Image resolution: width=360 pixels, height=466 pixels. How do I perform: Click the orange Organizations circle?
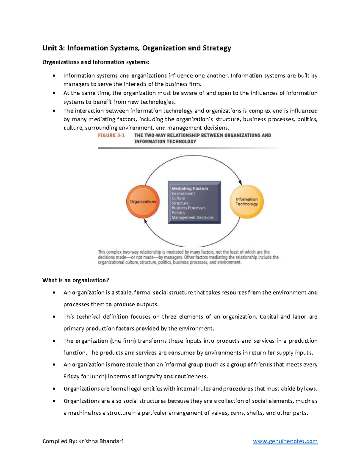coord(143,202)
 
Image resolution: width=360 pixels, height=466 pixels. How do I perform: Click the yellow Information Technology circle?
coord(247,202)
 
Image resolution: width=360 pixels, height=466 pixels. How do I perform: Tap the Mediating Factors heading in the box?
coord(190,188)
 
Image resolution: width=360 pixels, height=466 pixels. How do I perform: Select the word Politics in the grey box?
coord(178,213)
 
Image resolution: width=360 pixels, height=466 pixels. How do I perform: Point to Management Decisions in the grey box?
coord(193,218)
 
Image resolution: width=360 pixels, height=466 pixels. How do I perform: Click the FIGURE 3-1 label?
coord(111,135)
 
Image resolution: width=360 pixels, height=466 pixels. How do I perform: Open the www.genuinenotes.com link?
coord(285,441)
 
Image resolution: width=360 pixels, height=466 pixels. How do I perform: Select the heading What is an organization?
coord(76,280)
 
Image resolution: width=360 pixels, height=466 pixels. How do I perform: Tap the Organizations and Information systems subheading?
coord(95,62)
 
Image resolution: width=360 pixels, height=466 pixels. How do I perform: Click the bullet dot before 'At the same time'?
coord(54,93)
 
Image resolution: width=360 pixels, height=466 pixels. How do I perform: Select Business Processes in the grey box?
coord(189,208)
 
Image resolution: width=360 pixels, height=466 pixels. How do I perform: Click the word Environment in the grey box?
coord(183,194)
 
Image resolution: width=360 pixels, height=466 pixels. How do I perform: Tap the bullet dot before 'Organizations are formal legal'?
coord(54,389)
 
